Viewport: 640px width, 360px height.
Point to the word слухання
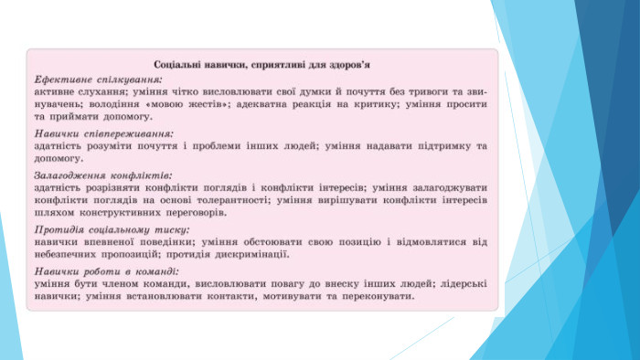[x=101, y=91]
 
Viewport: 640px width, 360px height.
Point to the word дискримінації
[x=252, y=254]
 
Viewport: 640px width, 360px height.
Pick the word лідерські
[x=464, y=284]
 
